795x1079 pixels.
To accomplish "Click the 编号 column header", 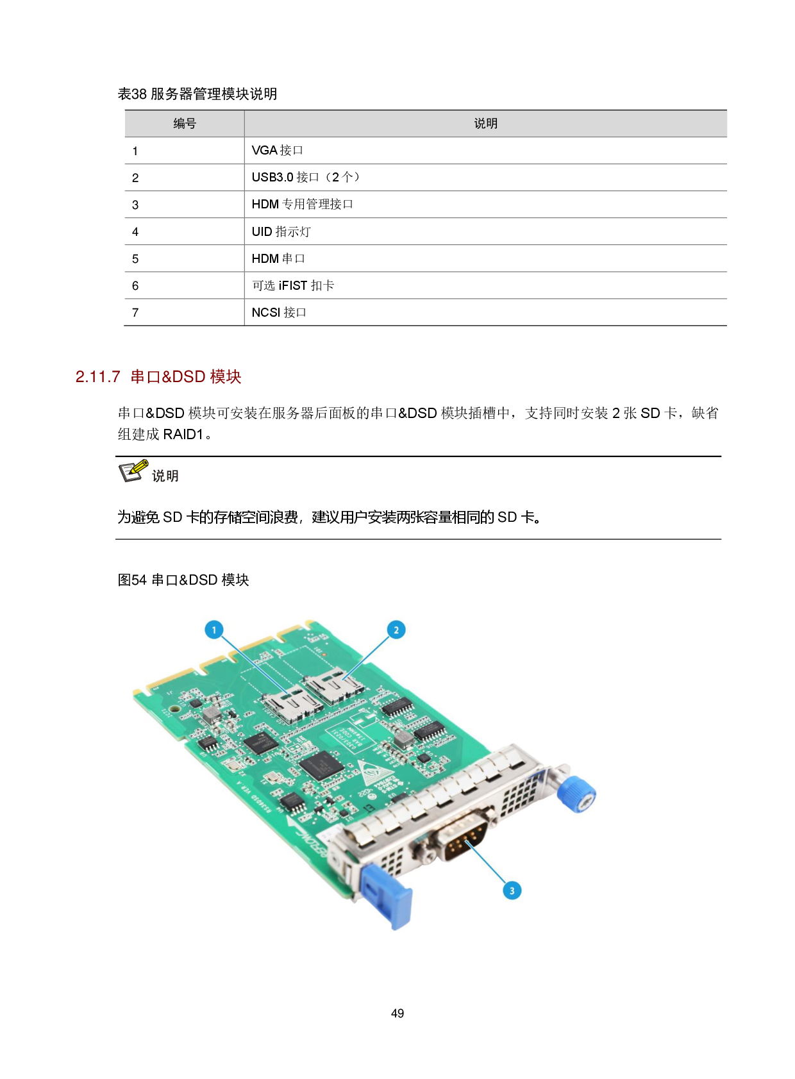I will pos(185,124).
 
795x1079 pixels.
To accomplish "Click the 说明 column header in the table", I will pos(485,124).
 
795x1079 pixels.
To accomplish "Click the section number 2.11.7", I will pos(98,376).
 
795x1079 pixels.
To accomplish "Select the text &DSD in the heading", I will pos(183,376).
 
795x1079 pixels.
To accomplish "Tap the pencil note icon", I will pos(134,471).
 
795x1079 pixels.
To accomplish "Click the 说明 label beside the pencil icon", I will pos(165,476).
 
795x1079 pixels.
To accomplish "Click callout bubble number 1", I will pos(214,630).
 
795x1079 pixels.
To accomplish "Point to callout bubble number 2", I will pos(396,630).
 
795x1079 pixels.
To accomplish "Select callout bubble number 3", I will pos(512,891).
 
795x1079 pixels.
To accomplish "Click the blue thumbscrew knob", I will pos(576,794).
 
